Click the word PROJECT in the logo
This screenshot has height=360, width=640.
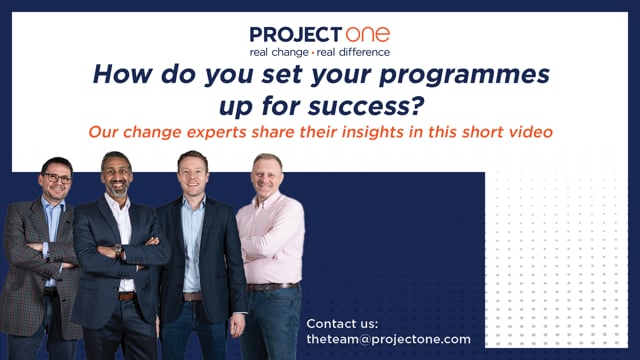pos(296,35)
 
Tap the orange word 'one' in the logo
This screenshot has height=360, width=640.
pos(368,35)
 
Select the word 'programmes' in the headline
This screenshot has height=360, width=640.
pos(464,76)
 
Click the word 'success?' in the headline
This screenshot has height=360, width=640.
pos(366,106)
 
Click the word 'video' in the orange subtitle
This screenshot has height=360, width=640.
pos(531,132)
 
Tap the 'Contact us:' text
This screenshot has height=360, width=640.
pos(342,324)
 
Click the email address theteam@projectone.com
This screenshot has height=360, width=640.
pos(388,340)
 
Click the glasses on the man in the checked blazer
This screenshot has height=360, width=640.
pos(57,178)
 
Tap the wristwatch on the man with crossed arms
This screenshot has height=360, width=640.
pos(118,250)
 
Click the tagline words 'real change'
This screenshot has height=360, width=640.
pos(279,53)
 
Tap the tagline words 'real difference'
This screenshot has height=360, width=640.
pos(353,52)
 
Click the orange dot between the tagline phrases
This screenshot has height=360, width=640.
pos(313,53)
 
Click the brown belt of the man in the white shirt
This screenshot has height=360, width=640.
pos(127,296)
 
